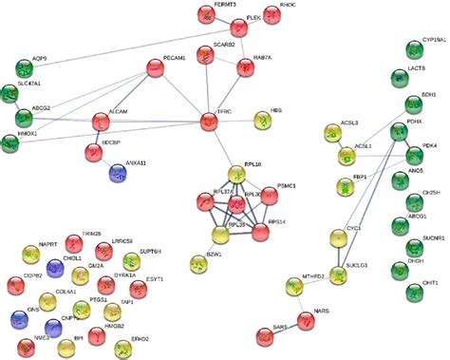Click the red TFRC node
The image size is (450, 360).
click(x=210, y=121)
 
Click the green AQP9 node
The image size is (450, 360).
click(x=25, y=67)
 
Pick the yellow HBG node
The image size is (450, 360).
click(x=263, y=121)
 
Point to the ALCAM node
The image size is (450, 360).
click(x=101, y=121)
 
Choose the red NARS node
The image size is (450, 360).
click(x=307, y=320)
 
